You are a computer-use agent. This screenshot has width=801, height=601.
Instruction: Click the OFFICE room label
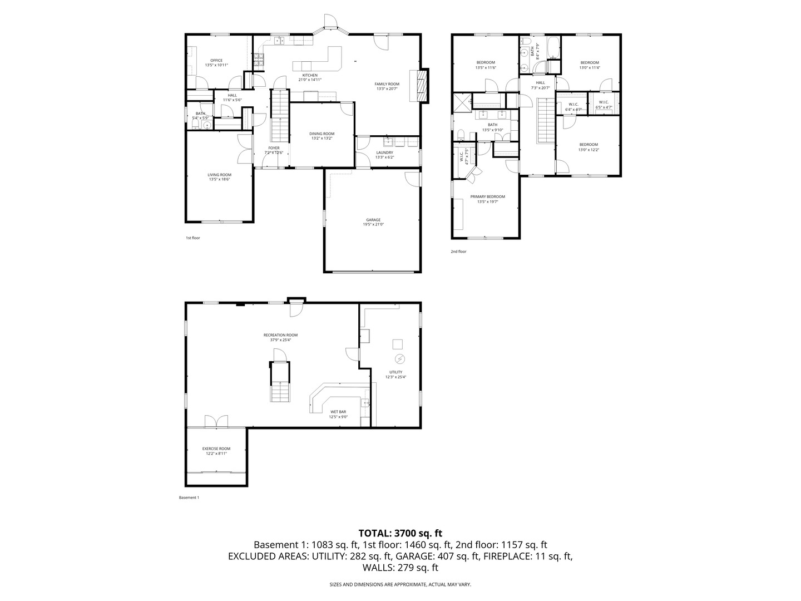(216, 61)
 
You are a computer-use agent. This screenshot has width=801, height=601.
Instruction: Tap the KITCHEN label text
(310, 75)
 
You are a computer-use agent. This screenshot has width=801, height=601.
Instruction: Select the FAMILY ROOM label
(387, 84)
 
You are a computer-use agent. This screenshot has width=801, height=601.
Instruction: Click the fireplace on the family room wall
(421, 86)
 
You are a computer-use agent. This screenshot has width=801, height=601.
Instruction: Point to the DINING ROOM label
(322, 134)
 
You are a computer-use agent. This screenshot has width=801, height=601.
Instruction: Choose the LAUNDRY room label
(384, 152)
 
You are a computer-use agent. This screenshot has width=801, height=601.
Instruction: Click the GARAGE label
(373, 220)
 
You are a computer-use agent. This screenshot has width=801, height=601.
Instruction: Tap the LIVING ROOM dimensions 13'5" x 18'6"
(219, 179)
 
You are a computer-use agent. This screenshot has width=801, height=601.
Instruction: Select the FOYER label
(274, 148)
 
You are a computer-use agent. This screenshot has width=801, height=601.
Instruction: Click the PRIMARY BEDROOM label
(487, 196)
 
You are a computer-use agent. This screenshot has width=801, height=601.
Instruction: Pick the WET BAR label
(338, 412)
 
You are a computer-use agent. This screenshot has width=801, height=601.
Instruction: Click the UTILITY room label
(395, 372)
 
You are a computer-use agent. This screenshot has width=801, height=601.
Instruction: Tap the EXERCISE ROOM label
(216, 449)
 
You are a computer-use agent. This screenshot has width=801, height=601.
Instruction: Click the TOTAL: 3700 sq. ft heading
(400, 533)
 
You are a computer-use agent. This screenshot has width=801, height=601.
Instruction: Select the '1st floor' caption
(192, 238)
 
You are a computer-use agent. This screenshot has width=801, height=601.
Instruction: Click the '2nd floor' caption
(458, 252)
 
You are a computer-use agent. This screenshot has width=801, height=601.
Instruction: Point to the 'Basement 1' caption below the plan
(189, 497)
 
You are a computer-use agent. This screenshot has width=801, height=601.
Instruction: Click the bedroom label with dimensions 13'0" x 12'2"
(589, 145)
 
